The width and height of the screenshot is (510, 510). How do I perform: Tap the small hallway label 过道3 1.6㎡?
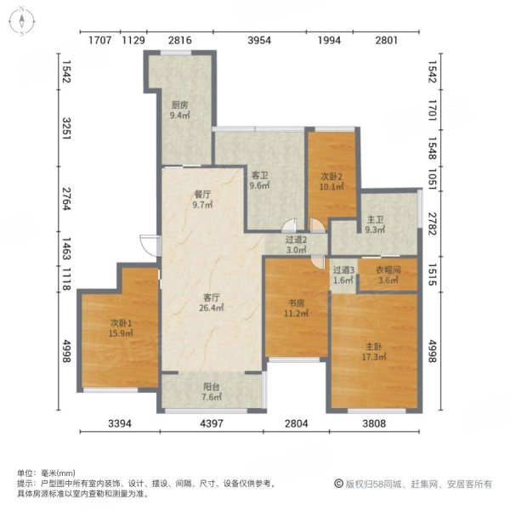click(x=343, y=275)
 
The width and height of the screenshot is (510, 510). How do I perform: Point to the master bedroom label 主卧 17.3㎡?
click(x=375, y=352)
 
